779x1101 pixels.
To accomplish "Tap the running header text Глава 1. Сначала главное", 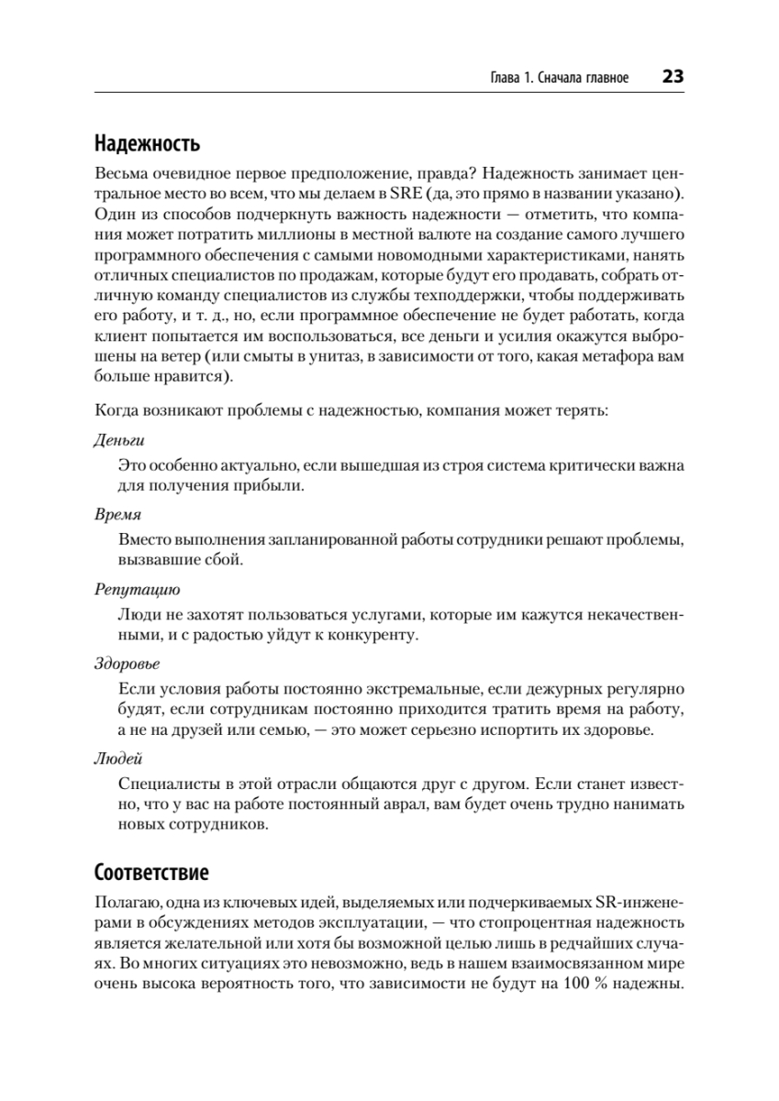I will pyautogui.click(x=560, y=78).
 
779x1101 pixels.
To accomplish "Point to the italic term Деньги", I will pyautogui.click(x=119, y=440).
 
